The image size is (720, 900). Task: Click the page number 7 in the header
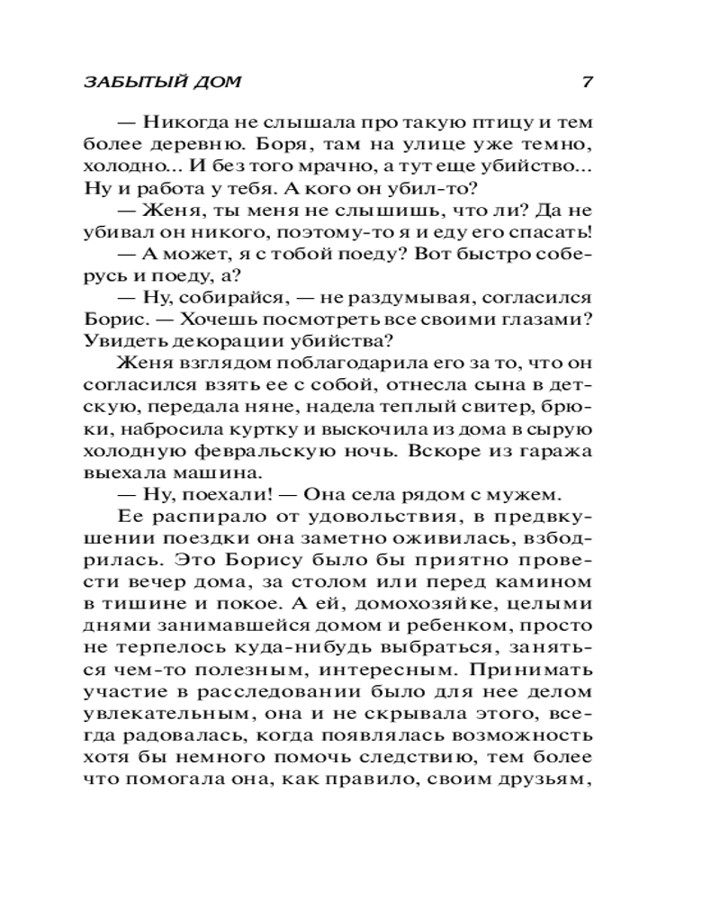pos(586,82)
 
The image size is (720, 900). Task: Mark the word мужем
pos(526,494)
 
